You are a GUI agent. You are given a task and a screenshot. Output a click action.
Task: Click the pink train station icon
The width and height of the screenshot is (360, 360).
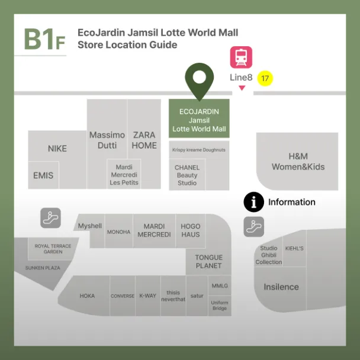point(241,57)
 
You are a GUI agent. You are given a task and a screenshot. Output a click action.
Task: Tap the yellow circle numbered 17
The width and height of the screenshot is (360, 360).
point(265,78)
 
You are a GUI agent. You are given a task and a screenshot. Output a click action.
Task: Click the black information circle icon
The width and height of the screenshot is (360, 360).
point(253,202)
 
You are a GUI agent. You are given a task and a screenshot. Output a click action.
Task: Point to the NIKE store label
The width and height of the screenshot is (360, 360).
point(57,149)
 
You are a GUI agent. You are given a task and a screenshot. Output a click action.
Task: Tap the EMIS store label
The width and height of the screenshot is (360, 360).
point(43,175)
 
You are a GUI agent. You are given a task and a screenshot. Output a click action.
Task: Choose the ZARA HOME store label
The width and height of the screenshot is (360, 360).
point(144,140)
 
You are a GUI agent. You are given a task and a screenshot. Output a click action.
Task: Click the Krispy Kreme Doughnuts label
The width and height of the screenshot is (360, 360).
point(199,150)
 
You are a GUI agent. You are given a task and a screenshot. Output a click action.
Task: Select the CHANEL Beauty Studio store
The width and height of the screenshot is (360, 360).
point(187,175)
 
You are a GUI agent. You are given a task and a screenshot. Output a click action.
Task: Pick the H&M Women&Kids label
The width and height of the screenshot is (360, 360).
point(298,162)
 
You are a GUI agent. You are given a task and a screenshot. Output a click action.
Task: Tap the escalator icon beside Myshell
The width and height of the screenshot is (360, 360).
point(51,218)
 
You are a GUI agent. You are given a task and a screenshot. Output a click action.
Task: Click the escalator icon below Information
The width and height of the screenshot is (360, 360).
point(253,227)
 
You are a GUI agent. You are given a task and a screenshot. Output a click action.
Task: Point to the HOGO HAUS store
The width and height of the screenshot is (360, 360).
point(191,230)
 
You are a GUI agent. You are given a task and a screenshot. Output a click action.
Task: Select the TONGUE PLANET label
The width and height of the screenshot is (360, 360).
point(208,262)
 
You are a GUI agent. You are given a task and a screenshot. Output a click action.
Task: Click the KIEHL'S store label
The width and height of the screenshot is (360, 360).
point(294,249)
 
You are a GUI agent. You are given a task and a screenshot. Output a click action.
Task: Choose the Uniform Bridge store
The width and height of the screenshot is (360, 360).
point(220,306)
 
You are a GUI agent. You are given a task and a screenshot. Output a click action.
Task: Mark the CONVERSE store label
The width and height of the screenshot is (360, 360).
point(123,296)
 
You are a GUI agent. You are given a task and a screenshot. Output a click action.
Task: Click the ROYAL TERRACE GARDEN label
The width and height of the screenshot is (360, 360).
point(53,249)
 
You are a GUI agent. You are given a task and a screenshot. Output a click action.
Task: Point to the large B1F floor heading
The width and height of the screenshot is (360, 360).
point(44,39)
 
